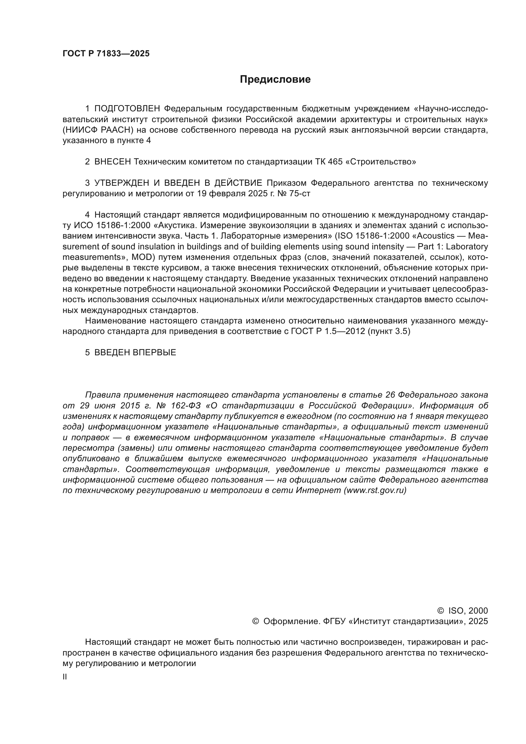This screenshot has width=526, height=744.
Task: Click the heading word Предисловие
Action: [x=275, y=80]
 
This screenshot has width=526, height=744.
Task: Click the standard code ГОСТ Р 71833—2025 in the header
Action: [x=106, y=54]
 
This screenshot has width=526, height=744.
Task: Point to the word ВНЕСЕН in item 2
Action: [x=112, y=162]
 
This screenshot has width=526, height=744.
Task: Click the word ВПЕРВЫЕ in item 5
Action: [x=155, y=352]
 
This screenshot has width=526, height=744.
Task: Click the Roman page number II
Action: [x=65, y=677]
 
